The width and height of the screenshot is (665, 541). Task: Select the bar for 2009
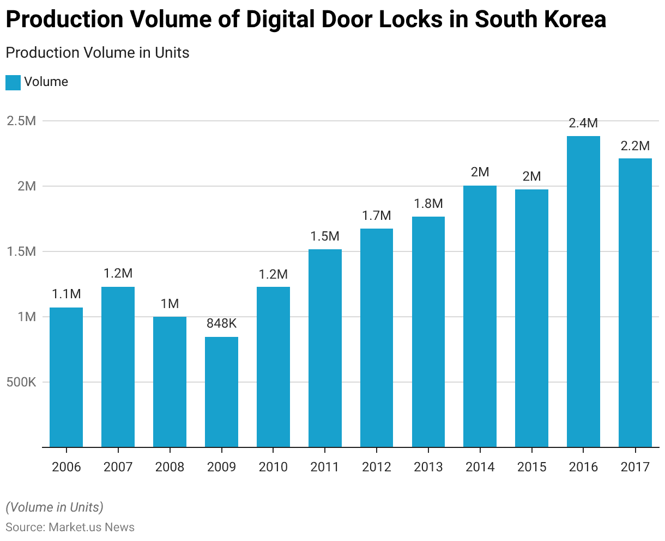pyautogui.click(x=221, y=392)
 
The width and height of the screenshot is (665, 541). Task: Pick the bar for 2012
pyautogui.click(x=377, y=337)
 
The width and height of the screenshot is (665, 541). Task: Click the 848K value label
pyautogui.click(x=221, y=324)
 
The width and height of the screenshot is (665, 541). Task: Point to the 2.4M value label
pyautogui.click(x=583, y=123)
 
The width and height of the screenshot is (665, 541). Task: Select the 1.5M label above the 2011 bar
pyautogui.click(x=325, y=236)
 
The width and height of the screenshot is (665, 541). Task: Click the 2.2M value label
pyautogui.click(x=635, y=146)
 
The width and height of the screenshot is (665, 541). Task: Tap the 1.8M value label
pyautogui.click(x=428, y=204)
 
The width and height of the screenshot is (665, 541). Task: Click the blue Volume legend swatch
pyautogui.click(x=13, y=82)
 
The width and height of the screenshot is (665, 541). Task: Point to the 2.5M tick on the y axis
pyautogui.click(x=21, y=121)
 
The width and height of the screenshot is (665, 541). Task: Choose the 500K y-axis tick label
pyautogui.click(x=21, y=382)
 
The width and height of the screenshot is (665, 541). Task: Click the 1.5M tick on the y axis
pyautogui.click(x=21, y=251)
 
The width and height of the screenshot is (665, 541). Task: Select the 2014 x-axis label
pyautogui.click(x=480, y=467)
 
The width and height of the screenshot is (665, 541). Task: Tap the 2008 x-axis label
pyautogui.click(x=170, y=467)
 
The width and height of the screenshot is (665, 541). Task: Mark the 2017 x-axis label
pyautogui.click(x=635, y=467)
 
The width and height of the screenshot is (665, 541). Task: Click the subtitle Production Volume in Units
pyautogui.click(x=98, y=53)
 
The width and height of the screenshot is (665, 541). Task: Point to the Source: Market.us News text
pyautogui.click(x=70, y=527)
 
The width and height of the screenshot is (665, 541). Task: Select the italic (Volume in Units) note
pyautogui.click(x=55, y=507)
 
